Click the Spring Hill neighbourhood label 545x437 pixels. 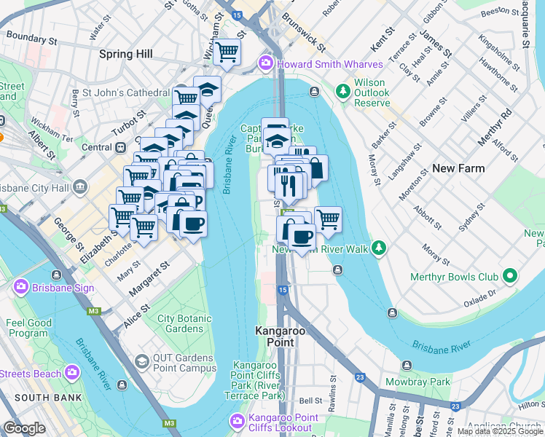[x=126, y=54]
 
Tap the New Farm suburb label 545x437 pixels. [x=458, y=168]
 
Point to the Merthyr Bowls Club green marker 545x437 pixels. [x=510, y=277]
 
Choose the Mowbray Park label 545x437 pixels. [x=428, y=381]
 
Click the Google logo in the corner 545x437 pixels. [x=24, y=428]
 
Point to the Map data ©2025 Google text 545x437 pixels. [x=498, y=431]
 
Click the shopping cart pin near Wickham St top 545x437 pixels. [x=227, y=52]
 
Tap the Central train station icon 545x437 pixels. [x=121, y=147]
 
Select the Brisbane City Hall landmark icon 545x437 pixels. [x=79, y=187]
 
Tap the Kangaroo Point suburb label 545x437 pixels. [x=275, y=336]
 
